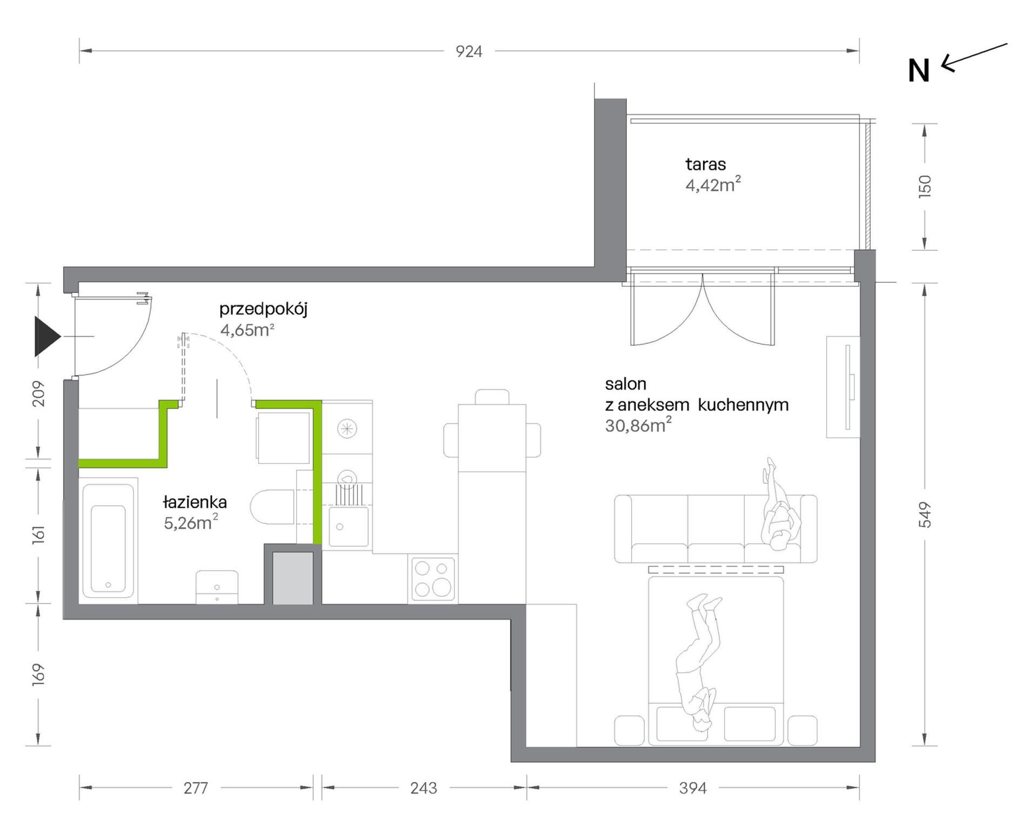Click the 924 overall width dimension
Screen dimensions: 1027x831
(469, 51)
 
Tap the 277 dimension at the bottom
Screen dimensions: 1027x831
(196, 788)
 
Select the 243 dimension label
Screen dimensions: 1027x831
(424, 788)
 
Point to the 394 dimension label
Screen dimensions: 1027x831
(693, 788)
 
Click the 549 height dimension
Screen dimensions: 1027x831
(925, 515)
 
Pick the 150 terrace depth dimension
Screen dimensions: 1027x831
(925, 187)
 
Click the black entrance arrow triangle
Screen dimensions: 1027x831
(47, 336)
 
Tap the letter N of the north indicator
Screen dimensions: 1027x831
(919, 71)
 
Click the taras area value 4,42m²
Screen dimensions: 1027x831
(713, 184)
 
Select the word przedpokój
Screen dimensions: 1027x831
(263, 309)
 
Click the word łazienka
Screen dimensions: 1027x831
(195, 502)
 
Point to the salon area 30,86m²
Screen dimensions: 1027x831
(638, 425)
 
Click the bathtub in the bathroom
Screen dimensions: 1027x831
(108, 541)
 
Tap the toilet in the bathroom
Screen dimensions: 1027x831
(273, 507)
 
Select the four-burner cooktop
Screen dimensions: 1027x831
(433, 579)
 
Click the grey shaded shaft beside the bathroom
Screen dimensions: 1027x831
(292, 578)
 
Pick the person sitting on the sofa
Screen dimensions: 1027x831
(779, 504)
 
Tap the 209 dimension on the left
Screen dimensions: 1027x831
(38, 394)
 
